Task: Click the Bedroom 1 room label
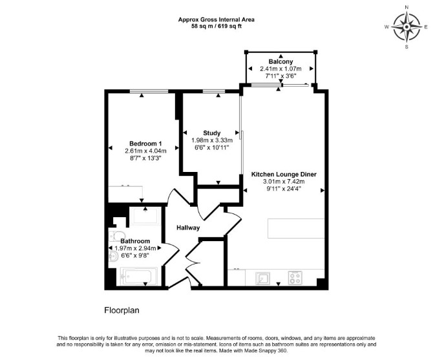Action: (x=145, y=144)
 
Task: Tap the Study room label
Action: (x=212, y=133)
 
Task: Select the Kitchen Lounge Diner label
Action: (x=284, y=175)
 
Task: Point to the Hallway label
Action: (x=188, y=228)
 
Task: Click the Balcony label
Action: (x=280, y=61)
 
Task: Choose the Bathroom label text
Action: (x=135, y=241)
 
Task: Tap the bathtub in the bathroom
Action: (x=139, y=277)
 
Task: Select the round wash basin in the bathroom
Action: (x=113, y=257)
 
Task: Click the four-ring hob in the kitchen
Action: (x=295, y=278)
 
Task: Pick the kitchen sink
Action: (x=262, y=279)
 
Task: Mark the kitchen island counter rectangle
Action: (x=296, y=228)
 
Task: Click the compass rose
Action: (x=407, y=27)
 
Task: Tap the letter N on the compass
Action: (x=407, y=8)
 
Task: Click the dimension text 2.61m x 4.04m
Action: (x=145, y=151)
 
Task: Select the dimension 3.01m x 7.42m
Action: (x=284, y=182)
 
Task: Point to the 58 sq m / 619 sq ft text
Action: (x=216, y=27)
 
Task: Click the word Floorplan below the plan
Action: (x=121, y=310)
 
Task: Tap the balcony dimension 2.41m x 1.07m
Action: (x=280, y=69)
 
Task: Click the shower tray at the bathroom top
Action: (x=145, y=217)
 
